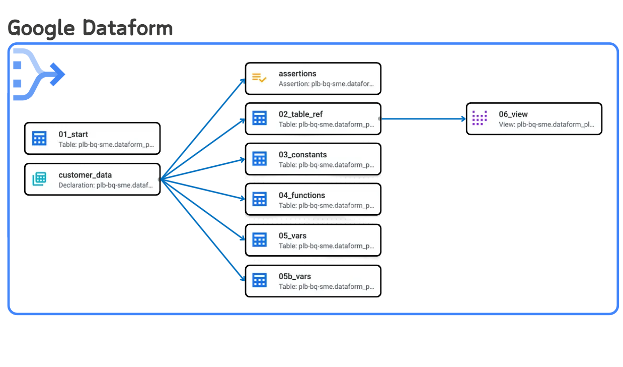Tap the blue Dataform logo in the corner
click(x=38, y=75)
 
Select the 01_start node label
click(x=73, y=134)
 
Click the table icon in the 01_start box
click(x=39, y=138)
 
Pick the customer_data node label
click(x=85, y=175)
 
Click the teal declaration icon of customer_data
click(x=39, y=179)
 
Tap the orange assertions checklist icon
click(x=259, y=78)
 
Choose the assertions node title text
click(x=297, y=74)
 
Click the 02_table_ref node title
click(x=300, y=114)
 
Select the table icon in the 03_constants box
click(x=259, y=159)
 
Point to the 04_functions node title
click(x=301, y=195)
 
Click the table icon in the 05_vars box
click(x=259, y=240)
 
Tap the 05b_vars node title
click(x=294, y=276)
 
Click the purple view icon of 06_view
click(x=480, y=118)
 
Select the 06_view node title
click(x=513, y=114)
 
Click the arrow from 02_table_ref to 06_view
click(x=423, y=119)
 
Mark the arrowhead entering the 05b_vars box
click(x=242, y=279)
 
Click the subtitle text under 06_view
click(x=547, y=124)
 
